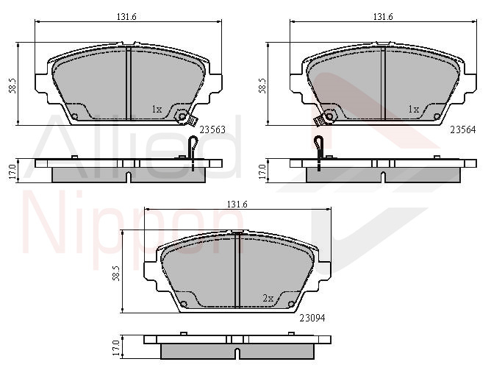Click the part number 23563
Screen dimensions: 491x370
tap(212, 129)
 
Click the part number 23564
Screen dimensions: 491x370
tap(463, 129)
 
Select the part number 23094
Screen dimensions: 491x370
tap(312, 318)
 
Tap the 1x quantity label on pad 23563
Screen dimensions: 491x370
tap(157, 110)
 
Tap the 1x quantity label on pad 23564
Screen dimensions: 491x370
tap(414, 110)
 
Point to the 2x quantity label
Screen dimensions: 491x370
tap(268, 298)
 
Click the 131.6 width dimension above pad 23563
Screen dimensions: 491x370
tap(126, 17)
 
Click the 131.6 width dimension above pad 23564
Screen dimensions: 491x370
tap(383, 17)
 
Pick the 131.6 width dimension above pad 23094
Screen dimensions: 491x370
tap(237, 204)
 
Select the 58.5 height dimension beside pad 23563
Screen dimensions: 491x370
tap(12, 85)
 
